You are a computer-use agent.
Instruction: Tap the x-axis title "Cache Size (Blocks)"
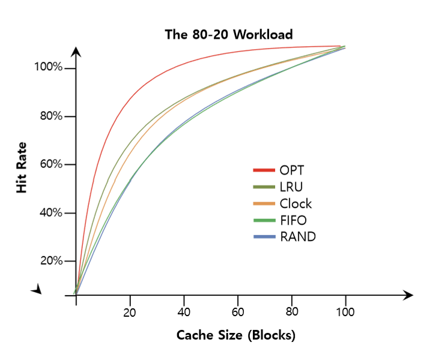pyautogui.click(x=236, y=335)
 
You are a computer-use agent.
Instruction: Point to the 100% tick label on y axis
pyautogui.click(x=47, y=68)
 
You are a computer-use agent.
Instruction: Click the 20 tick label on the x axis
pyautogui.click(x=130, y=312)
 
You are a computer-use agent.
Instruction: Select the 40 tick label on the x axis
pyautogui.click(x=184, y=312)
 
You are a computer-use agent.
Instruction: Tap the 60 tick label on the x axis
pyautogui.click(x=238, y=312)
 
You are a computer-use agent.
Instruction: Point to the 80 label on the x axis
pyautogui.click(x=291, y=312)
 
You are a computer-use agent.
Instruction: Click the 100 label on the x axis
pyautogui.click(x=345, y=312)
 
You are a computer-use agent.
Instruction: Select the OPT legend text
pyautogui.click(x=292, y=170)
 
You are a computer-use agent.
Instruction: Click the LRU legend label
pyautogui.click(x=291, y=187)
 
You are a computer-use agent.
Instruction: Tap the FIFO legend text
pyautogui.click(x=293, y=220)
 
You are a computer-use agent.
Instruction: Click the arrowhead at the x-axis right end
pyautogui.click(x=408, y=295)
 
